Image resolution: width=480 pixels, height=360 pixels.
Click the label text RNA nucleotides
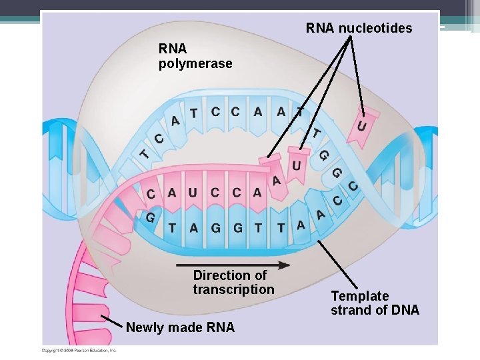pos(359,28)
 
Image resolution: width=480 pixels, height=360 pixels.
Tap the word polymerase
pos(195,64)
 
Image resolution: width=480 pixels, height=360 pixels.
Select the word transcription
pos(233,289)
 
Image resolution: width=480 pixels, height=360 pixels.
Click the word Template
pos(360,295)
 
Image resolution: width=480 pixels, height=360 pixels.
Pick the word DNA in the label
pos(405,310)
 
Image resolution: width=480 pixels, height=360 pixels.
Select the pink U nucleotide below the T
pos(297,164)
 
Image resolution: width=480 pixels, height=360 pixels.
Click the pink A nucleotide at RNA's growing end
pos(275,179)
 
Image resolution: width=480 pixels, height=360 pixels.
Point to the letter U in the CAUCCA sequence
pos(193,193)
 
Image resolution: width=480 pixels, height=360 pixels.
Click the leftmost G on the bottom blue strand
pos(150,217)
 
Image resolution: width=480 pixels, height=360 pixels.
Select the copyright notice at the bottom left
pos(79,350)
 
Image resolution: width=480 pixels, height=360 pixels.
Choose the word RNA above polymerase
pos(173,49)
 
